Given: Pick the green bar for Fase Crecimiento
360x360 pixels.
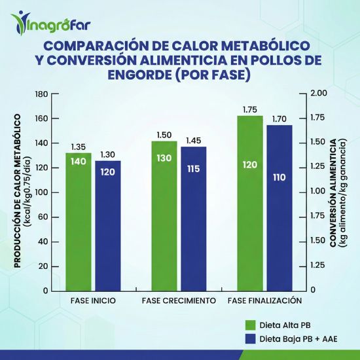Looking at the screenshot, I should (x=164, y=215).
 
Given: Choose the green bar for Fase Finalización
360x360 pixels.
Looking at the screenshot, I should (x=249, y=203).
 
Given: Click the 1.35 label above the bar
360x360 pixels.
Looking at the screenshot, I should (x=79, y=147).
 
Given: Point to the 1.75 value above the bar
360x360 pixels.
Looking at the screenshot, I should (x=250, y=110).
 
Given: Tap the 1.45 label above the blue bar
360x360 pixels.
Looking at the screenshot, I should (x=194, y=141).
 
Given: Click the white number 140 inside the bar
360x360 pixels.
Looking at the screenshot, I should (x=79, y=161).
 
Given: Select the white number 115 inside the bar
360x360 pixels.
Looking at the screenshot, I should (x=194, y=169).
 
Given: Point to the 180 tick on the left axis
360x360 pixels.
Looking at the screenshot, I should (x=41, y=94).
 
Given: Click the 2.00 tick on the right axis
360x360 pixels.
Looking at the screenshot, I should (x=319, y=94).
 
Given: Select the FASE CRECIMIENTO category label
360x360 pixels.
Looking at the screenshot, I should (x=179, y=300).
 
